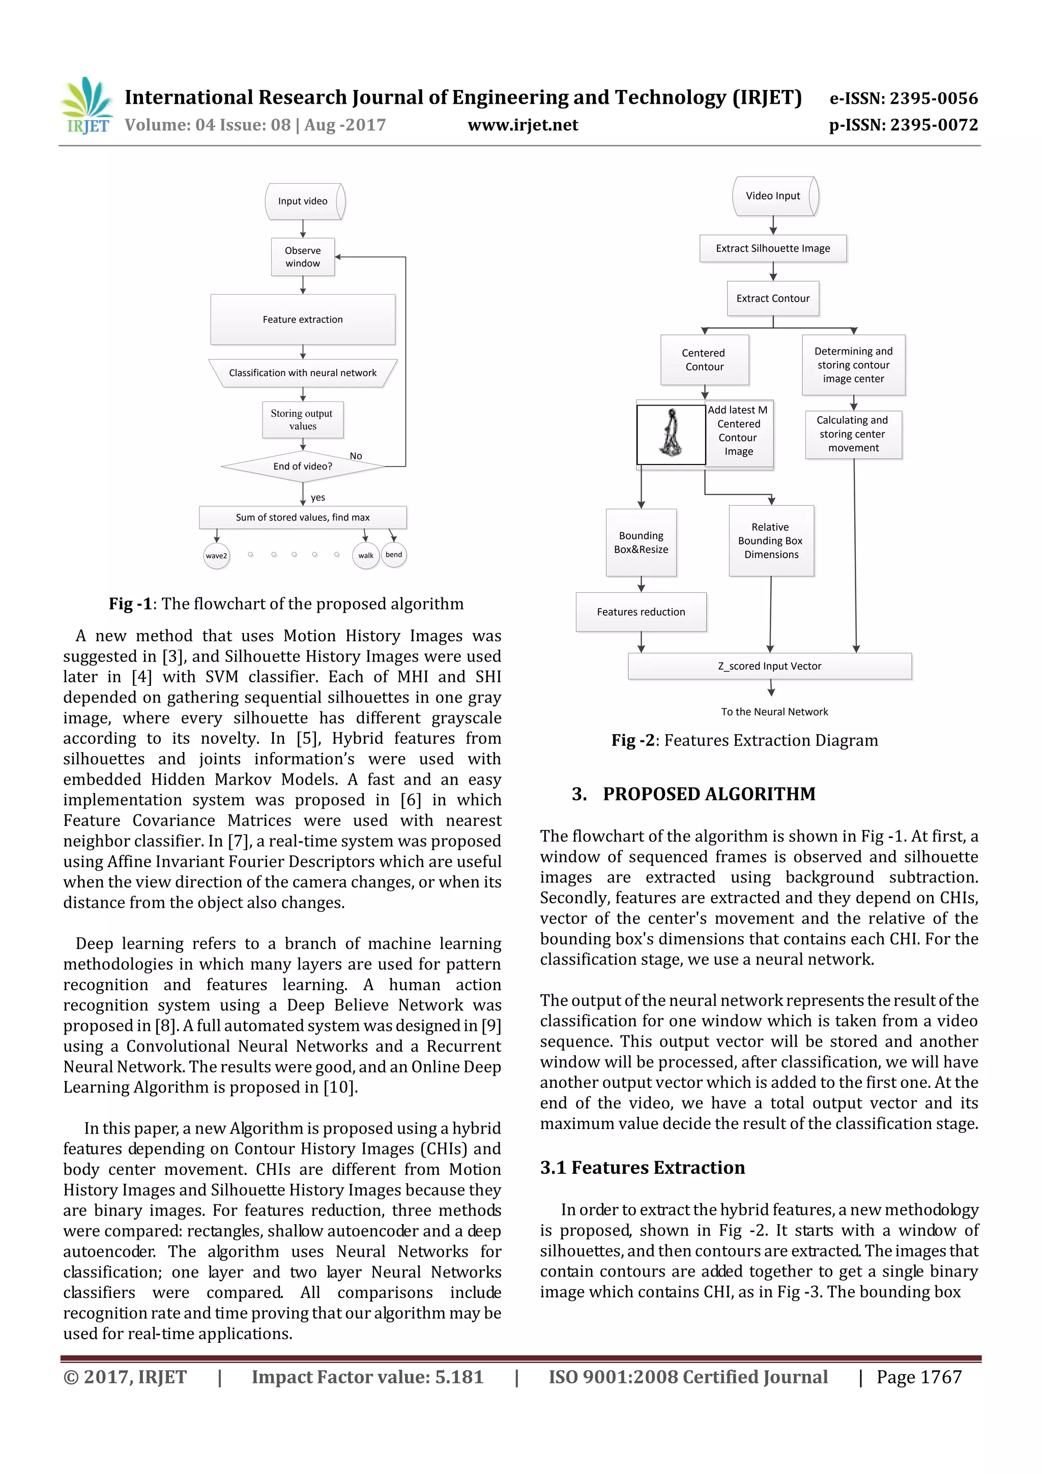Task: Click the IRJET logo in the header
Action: click(86, 106)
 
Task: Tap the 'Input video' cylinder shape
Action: click(304, 201)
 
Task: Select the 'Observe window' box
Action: click(302, 257)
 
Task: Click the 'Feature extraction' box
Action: click(302, 319)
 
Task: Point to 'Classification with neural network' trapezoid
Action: click(302, 373)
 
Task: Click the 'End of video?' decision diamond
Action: click(302, 466)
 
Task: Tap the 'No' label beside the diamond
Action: click(356, 456)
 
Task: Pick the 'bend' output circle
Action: click(394, 555)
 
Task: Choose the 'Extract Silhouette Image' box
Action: click(773, 248)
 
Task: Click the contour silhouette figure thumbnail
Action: click(671, 434)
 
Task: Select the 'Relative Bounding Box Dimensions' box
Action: click(771, 540)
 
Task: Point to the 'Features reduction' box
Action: click(641, 612)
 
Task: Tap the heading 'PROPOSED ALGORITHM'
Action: click(709, 794)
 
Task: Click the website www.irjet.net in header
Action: click(523, 125)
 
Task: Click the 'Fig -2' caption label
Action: click(632, 740)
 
